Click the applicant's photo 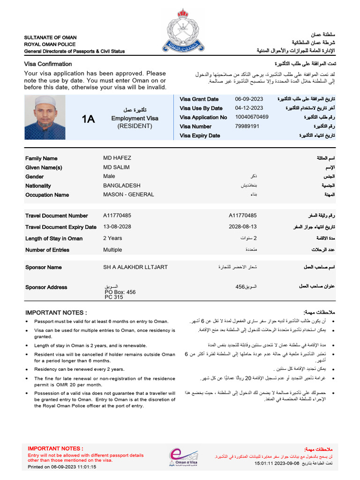[45, 117]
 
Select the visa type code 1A [88, 119]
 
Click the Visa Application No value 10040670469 [252, 117]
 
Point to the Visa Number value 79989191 [247, 127]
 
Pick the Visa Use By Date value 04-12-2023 [249, 108]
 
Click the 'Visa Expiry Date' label [200, 136]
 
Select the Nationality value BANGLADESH [121, 186]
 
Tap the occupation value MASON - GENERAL [128, 195]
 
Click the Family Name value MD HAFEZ [117, 158]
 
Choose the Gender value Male [109, 176]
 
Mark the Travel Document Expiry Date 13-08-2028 [117, 227]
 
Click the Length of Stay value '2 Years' [112, 238]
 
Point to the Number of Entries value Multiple [112, 250]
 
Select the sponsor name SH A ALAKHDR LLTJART [135, 267]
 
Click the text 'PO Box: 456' [120, 292]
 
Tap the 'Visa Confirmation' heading [48, 64]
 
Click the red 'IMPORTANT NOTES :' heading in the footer [55, 449]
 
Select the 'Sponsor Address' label [46, 287]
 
